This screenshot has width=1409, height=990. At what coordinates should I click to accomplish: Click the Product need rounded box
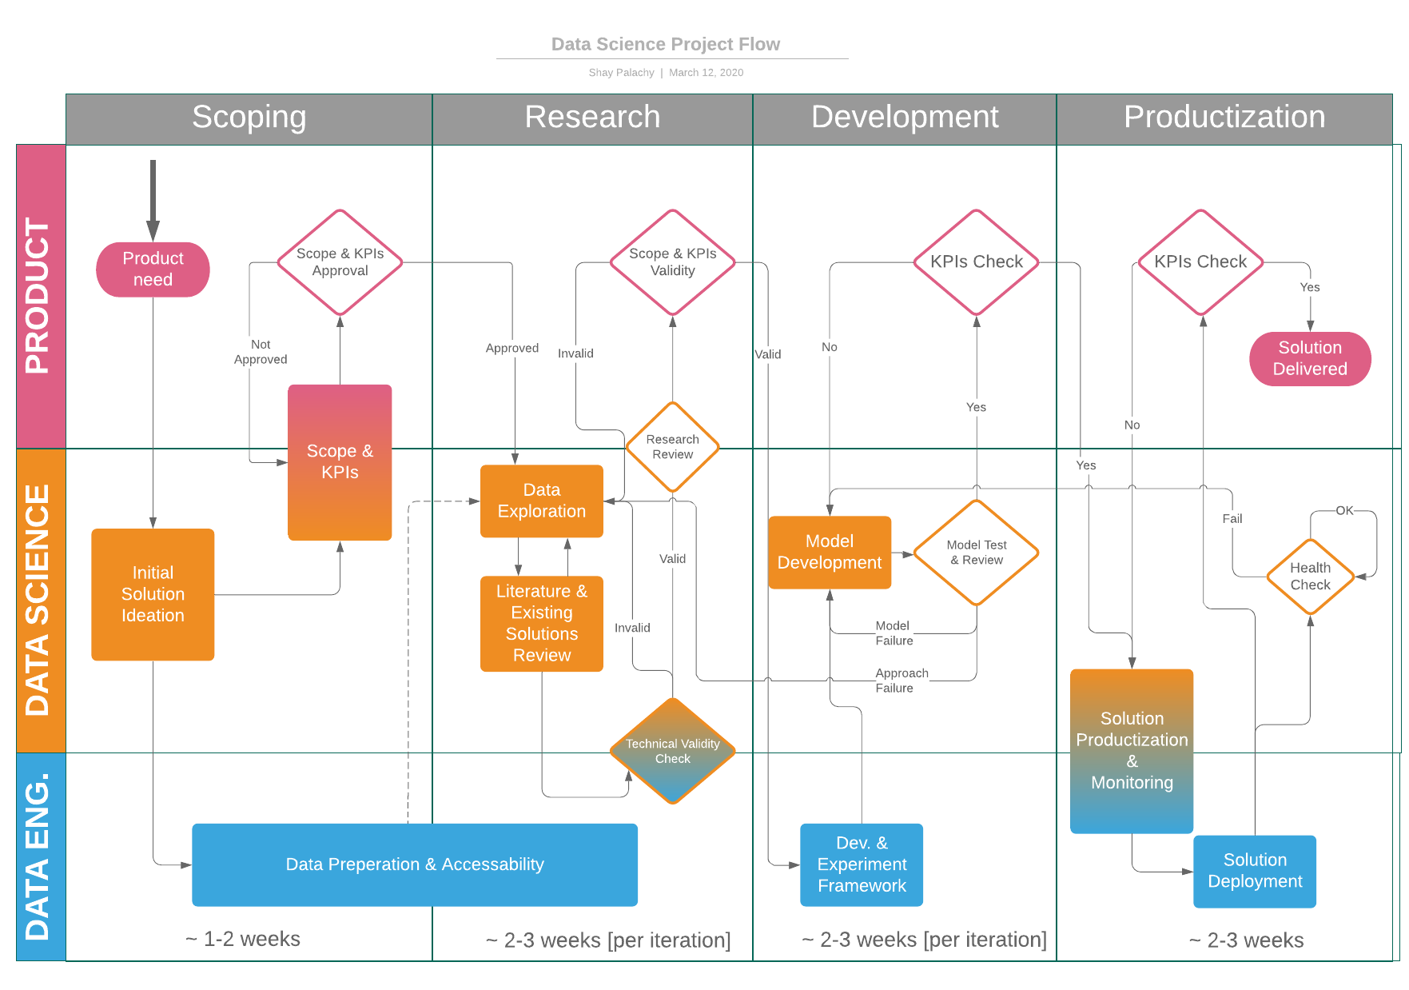pyautogui.click(x=153, y=269)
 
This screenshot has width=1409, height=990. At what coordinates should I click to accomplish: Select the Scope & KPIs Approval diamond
pyautogui.click(x=340, y=262)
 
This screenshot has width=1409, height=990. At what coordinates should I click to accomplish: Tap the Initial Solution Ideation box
pyautogui.click(x=153, y=594)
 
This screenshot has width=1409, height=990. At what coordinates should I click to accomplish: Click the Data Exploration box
pyautogui.click(x=541, y=501)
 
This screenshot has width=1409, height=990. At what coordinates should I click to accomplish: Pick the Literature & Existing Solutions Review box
pyautogui.click(x=541, y=623)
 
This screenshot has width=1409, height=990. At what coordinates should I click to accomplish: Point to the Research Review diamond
pyautogui.click(x=672, y=446)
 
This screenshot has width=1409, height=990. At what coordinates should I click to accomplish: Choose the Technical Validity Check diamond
pyautogui.click(x=672, y=751)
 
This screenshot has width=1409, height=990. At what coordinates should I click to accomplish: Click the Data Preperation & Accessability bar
pyautogui.click(x=414, y=864)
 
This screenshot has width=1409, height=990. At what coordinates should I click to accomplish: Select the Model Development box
pyautogui.click(x=829, y=552)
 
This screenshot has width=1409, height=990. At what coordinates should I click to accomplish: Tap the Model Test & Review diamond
pyautogui.click(x=976, y=553)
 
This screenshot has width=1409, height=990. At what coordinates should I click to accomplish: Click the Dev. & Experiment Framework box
pyautogui.click(x=861, y=864)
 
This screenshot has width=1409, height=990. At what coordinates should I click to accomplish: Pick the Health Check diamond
pyautogui.click(x=1310, y=576)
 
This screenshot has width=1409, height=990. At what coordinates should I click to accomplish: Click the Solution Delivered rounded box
pyautogui.click(x=1309, y=358)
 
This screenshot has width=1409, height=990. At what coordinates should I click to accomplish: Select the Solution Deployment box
pyautogui.click(x=1254, y=871)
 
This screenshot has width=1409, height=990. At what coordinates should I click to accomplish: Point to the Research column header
pyautogui.click(x=592, y=118)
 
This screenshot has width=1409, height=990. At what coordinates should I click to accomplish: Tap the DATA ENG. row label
pyautogui.click(x=40, y=856)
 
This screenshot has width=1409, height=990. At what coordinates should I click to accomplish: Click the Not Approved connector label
pyautogui.click(x=261, y=352)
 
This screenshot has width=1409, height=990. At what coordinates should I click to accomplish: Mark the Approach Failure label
pyautogui.click(x=901, y=681)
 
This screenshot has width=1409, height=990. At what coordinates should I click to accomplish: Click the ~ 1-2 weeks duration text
pyautogui.click(x=243, y=939)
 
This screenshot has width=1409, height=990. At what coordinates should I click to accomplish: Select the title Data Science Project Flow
pyautogui.click(x=665, y=45)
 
